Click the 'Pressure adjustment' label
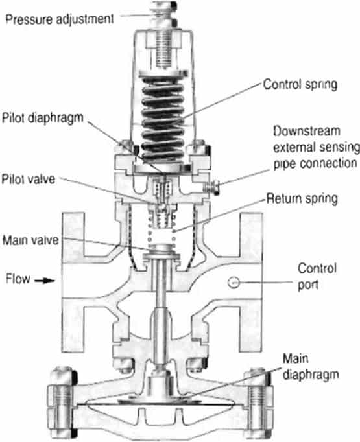coord(60,19)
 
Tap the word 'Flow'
coord(18,281)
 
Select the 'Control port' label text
coord(314,274)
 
